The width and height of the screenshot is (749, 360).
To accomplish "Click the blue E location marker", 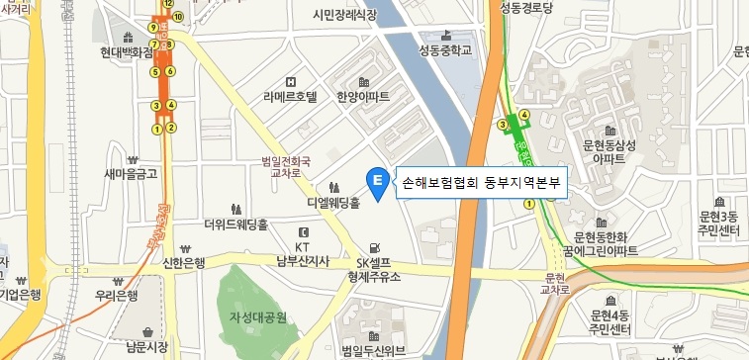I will [377, 181].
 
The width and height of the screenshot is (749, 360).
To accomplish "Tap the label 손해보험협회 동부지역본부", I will [480, 183].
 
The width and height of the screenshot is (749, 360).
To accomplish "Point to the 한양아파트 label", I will [363, 97].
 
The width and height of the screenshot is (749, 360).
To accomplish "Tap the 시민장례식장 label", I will [344, 15].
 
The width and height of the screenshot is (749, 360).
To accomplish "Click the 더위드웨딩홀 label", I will [235, 225].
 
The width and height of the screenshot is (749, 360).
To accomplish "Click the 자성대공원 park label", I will [257, 317].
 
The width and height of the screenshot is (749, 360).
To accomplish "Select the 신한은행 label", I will [182, 262].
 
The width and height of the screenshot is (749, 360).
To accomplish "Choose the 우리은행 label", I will [116, 296].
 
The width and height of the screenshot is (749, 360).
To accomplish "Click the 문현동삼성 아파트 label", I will [608, 151].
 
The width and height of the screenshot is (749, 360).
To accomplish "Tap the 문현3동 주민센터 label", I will [718, 224].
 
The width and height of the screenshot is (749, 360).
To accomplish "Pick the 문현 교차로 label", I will [558, 283].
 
